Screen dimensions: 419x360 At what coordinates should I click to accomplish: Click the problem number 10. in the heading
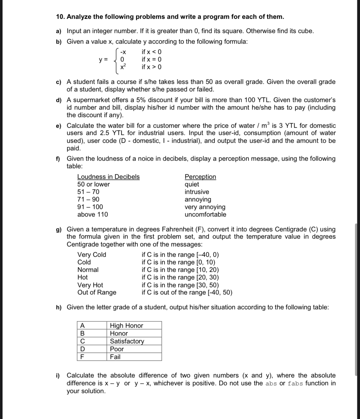60,17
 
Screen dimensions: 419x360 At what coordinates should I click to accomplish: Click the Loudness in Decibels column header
108,177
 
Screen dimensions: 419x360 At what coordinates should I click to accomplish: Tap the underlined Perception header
200,177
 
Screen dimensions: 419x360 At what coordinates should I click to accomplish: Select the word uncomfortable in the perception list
205,215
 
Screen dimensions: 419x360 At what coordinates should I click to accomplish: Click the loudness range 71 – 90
88,199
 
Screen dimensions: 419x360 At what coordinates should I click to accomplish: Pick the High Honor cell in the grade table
126,326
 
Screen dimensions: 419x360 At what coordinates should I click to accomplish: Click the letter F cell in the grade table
82,357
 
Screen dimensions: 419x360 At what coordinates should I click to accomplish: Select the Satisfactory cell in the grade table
127,341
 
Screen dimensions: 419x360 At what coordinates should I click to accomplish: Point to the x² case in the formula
123,67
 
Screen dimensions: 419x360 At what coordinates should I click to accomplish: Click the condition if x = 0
151,59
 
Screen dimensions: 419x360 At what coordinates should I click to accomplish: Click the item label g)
59,230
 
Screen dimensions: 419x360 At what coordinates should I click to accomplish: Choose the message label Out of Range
97,292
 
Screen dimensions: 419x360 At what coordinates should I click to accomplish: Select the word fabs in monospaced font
295,384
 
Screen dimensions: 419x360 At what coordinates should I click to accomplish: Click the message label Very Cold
92,255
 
